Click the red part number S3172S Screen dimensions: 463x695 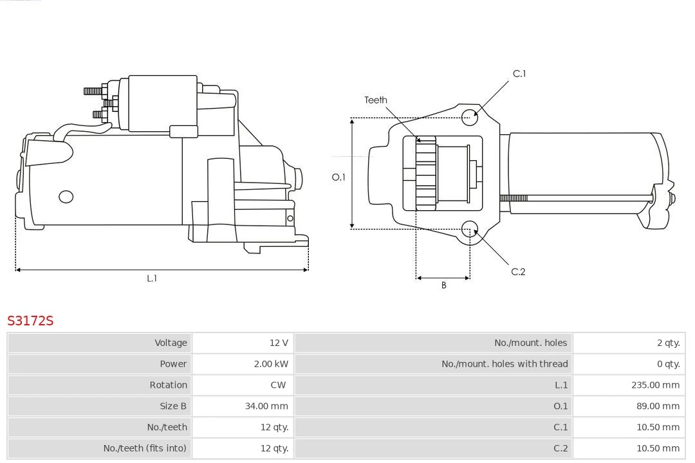[x=30, y=320]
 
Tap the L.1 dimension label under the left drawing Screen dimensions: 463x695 [x=152, y=278]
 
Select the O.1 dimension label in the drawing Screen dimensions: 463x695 [x=338, y=177]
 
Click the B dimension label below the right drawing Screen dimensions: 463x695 [x=443, y=286]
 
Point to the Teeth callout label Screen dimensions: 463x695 [x=376, y=100]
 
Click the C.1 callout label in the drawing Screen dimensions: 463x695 [x=519, y=74]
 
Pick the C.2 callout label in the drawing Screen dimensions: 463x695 [x=518, y=272]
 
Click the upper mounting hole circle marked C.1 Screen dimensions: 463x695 [x=470, y=116]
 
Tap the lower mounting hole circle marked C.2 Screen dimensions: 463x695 [x=470, y=230]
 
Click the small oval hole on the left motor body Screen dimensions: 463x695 [x=66, y=197]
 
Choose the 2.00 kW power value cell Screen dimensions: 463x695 [x=271, y=364]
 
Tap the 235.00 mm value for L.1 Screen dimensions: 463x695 [x=655, y=385]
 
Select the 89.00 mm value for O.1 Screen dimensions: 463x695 [x=658, y=406]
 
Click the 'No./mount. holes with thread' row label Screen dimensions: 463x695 [x=505, y=364]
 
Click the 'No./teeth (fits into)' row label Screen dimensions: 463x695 [x=145, y=448]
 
